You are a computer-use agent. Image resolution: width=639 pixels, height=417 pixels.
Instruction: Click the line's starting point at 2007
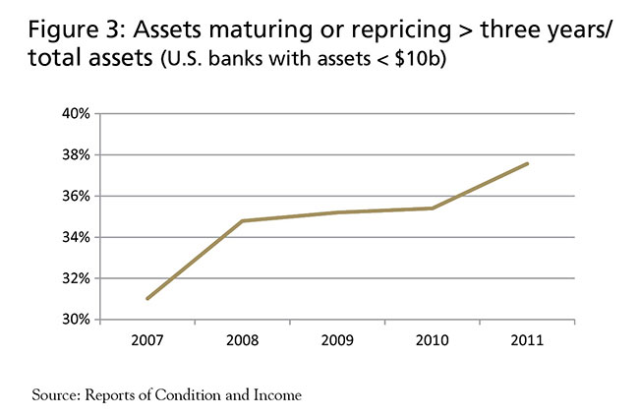pos(146,299)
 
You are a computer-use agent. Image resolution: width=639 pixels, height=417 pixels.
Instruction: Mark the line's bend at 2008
pos(242,220)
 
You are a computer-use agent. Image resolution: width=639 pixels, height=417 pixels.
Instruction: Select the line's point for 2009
pos(337,212)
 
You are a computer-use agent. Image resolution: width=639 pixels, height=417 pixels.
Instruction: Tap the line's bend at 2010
pos(433,208)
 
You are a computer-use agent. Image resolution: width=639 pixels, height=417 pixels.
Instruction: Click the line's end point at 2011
pos(528,163)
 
